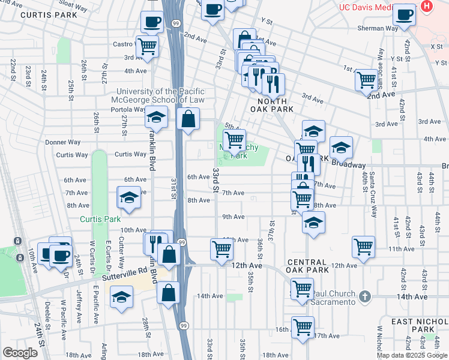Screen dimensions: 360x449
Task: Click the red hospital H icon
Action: click(427, 6)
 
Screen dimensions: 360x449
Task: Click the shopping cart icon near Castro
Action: click(147, 46)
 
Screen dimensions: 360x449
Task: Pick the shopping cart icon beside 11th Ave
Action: click(364, 247)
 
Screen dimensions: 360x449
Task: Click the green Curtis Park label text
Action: click(101, 220)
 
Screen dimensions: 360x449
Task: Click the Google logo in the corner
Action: click(20, 352)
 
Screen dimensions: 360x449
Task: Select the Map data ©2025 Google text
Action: click(411, 355)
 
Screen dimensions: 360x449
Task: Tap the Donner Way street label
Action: click(62, 143)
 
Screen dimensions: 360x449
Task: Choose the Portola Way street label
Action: click(128, 109)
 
